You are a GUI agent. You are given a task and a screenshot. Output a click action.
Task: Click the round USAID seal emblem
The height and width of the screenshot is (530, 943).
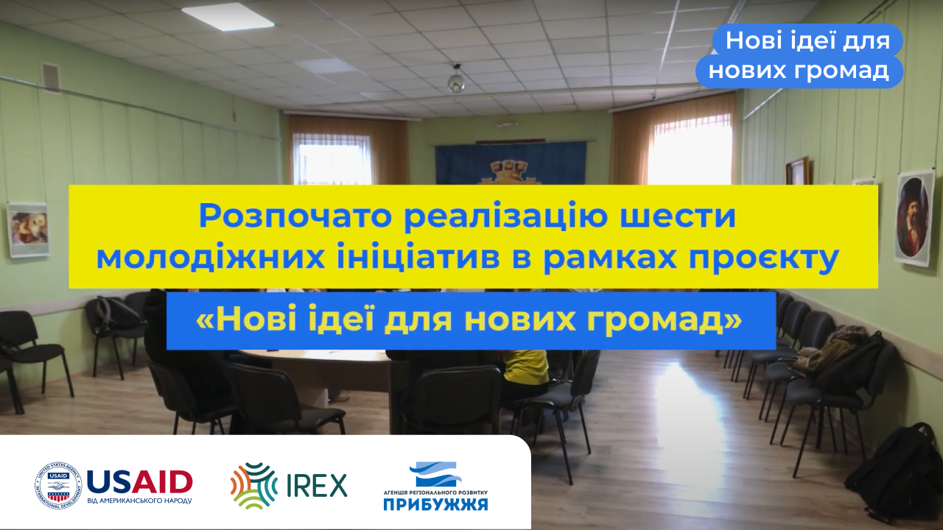(58, 486)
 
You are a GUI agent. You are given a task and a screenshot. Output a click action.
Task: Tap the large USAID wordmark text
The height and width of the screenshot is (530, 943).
(140, 482)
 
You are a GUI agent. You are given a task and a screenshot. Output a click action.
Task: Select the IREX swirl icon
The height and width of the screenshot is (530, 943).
(254, 486)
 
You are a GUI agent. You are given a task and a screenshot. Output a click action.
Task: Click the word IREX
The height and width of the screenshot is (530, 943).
(317, 485)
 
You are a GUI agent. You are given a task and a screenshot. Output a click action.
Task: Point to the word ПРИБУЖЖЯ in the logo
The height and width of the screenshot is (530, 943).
(435, 504)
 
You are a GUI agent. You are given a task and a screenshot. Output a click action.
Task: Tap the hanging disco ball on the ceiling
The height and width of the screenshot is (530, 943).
(456, 82)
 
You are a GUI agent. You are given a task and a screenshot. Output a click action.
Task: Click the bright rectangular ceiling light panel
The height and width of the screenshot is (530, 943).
(228, 17)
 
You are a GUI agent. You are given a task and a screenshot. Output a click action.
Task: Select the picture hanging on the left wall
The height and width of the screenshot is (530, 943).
(28, 230)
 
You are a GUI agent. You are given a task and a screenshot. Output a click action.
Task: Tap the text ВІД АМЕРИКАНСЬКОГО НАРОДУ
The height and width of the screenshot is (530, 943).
(139, 501)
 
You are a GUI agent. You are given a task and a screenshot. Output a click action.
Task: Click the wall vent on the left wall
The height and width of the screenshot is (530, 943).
(51, 77)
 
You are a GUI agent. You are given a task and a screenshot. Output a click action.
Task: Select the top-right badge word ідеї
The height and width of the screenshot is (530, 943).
(806, 40)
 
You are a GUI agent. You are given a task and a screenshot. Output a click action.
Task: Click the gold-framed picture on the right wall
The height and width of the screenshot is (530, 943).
(797, 172)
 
